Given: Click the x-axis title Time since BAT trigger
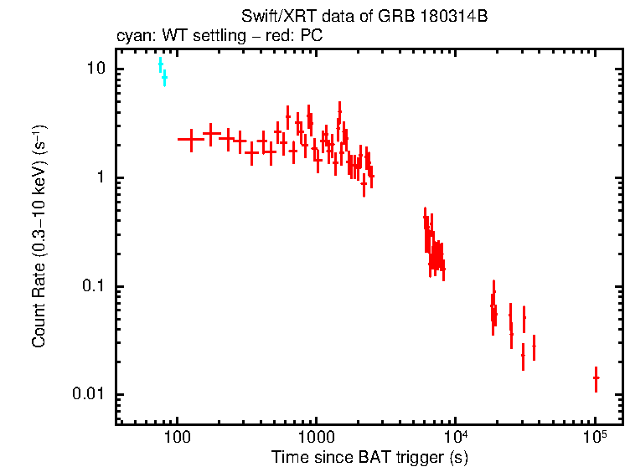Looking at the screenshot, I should pyautogui.click(x=369, y=456).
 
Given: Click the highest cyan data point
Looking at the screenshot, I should pyautogui.click(x=160, y=64).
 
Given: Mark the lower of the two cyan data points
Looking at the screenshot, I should pyautogui.click(x=164, y=78).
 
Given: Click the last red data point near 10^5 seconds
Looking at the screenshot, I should pyautogui.click(x=596, y=378).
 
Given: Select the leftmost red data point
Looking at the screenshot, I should pyautogui.click(x=191, y=139).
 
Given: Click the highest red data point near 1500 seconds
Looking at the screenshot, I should pyautogui.click(x=339, y=110).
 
